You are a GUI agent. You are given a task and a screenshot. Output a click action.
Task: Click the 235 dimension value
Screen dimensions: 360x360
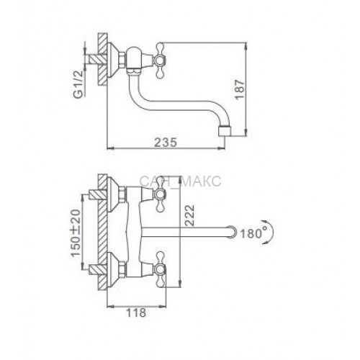pos(166,142)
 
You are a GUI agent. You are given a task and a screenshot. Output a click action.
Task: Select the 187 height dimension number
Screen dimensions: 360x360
pos(240,89)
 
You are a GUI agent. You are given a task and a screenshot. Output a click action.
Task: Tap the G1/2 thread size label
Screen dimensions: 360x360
pos(78,84)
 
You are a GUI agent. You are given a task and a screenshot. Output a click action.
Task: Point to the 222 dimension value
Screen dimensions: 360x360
pos(189,215)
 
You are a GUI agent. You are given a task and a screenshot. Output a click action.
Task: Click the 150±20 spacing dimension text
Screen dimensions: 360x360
pos(76,233)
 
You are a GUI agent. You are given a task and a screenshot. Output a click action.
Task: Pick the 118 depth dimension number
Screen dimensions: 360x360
pos(136,312)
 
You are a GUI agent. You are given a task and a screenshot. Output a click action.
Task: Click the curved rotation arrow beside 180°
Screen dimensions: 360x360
pos(270,232)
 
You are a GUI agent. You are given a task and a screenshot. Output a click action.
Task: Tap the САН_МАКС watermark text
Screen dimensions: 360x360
pos(180,181)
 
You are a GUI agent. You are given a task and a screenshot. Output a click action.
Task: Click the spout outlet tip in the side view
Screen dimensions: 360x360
pos(225,132)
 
